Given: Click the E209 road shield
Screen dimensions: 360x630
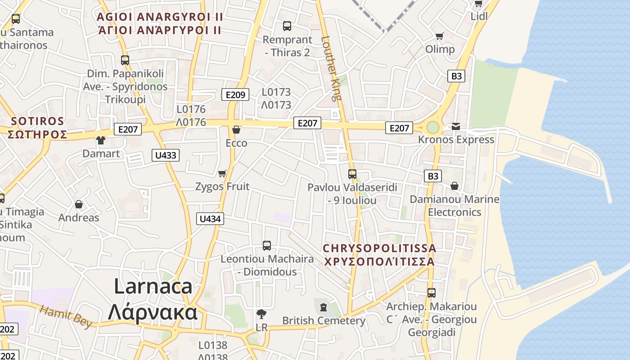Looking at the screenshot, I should click(235, 94).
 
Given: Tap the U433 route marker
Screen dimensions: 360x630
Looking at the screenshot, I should click(166, 156).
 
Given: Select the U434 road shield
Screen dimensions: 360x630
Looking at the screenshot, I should click(210, 219).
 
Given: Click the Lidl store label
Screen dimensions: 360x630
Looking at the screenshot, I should click(479, 16).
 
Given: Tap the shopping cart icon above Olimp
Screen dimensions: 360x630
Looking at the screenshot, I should click(440, 36).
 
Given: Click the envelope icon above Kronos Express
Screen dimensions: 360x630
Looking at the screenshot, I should click(456, 126).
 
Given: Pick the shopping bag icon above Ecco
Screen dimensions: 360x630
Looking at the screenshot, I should click(236, 130).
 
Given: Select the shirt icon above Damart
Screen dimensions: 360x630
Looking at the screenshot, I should click(100, 140).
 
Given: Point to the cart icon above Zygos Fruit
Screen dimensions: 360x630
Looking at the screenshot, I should click(222, 173).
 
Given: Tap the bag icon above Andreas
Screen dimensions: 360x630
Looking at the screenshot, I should click(79, 205).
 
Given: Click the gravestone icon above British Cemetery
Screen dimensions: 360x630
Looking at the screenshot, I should click(323, 308).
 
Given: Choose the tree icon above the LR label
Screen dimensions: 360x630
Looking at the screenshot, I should click(261, 314).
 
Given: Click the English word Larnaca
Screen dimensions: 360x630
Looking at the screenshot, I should click(153, 286).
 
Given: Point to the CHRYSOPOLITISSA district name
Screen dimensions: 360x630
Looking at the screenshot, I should click(379, 248).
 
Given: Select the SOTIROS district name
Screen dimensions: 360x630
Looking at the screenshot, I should click(38, 121).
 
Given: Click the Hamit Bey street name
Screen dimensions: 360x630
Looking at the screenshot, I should click(66, 316).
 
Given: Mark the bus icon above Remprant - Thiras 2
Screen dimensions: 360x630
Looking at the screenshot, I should click(287, 26).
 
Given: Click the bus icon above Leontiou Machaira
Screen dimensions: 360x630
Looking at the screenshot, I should click(267, 246).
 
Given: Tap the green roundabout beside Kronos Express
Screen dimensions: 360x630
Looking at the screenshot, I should click(432, 127).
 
